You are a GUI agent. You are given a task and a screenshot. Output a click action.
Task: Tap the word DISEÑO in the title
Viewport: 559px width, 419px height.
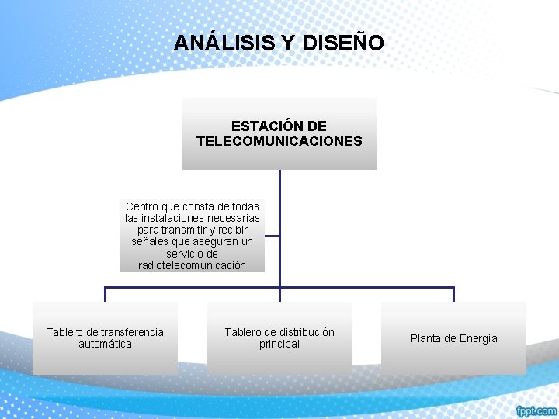[x=343, y=43]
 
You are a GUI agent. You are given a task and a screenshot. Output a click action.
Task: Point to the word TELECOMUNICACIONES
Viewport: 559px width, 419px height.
[x=279, y=141]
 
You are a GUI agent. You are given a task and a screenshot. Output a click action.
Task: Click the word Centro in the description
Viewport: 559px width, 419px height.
[x=141, y=206]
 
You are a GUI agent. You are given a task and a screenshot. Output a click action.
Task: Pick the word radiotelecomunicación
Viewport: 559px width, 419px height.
[x=192, y=265]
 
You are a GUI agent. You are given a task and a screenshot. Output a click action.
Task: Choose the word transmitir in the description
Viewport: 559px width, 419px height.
[x=186, y=230]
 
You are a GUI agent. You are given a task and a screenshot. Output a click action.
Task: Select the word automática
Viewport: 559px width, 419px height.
[x=105, y=344]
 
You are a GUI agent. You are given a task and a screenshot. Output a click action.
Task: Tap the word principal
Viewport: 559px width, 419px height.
[x=279, y=344]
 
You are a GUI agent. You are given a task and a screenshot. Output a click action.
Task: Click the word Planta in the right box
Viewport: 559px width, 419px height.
[x=426, y=338]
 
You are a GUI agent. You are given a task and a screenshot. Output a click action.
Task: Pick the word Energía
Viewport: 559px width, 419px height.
[x=478, y=338]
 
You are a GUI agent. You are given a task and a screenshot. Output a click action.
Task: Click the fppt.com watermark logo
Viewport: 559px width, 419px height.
[x=535, y=410]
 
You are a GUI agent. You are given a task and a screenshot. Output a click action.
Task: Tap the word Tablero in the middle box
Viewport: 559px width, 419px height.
[x=243, y=332]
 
